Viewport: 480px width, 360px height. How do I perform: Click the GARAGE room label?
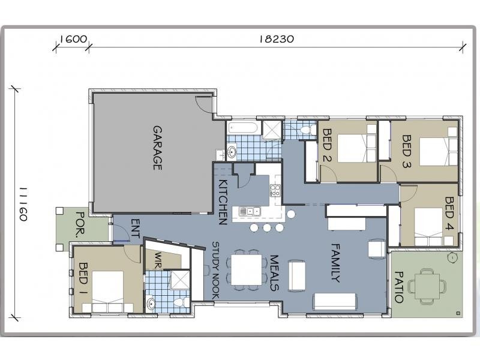(x=157, y=148)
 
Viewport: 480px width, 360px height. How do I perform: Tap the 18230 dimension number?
(x=277, y=39)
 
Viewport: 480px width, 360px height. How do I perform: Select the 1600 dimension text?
(x=73, y=39)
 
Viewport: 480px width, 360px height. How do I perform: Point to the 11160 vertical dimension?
(x=23, y=204)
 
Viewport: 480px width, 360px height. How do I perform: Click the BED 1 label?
(x=83, y=278)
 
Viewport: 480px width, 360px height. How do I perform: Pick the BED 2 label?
(x=327, y=145)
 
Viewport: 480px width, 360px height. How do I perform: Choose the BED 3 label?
(x=406, y=152)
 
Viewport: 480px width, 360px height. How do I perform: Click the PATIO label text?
(x=398, y=287)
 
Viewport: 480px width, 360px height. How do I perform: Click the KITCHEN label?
(x=223, y=202)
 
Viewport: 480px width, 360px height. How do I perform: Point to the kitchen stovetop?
(x=275, y=190)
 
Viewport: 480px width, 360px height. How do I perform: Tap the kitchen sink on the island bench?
(x=250, y=211)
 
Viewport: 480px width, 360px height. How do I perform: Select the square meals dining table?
(x=247, y=271)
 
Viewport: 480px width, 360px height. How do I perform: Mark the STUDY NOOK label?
(x=215, y=271)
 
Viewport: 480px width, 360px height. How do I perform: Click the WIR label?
(x=158, y=260)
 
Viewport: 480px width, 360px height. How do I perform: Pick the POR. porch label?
(x=80, y=225)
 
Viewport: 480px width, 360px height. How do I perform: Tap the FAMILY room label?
(x=336, y=263)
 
